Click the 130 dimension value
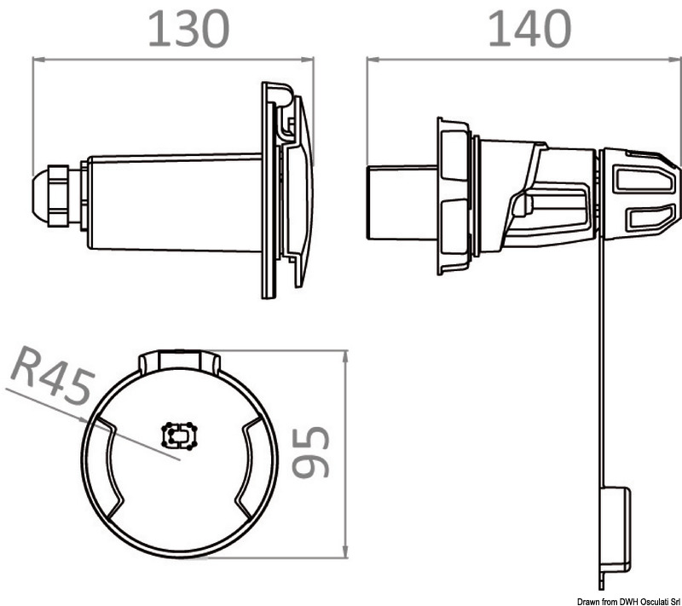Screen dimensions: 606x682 click(x=188, y=30)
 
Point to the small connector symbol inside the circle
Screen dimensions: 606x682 click(x=180, y=436)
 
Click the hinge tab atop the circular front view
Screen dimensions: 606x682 click(x=180, y=362)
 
